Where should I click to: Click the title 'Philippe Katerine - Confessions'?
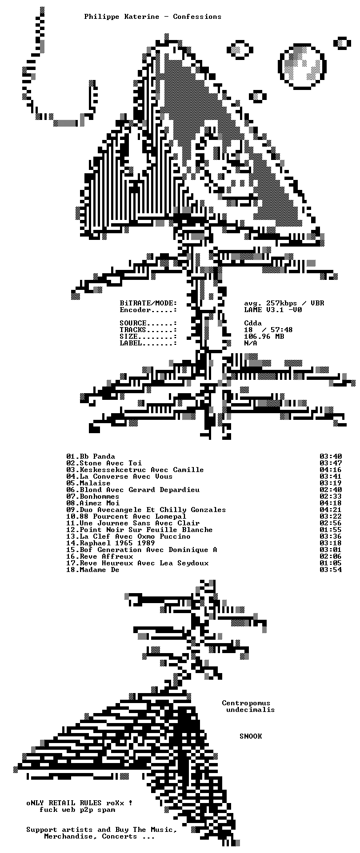(x=152, y=17)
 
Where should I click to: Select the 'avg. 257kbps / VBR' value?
(x=284, y=303)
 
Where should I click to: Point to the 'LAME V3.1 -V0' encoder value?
(x=273, y=309)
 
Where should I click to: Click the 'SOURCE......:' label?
(x=148, y=323)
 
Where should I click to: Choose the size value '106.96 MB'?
(x=264, y=337)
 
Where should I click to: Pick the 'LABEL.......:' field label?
(x=148, y=343)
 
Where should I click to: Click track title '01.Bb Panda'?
(x=91, y=456)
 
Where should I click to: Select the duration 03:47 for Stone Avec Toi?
(x=331, y=463)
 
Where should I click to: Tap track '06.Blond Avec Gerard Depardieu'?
(x=133, y=490)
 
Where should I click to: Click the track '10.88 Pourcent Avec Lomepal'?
(x=126, y=516)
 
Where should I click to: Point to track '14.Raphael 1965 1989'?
(x=111, y=543)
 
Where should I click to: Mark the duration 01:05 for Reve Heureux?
(x=331, y=563)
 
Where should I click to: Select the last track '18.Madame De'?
(x=93, y=570)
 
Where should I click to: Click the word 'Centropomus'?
(x=246, y=703)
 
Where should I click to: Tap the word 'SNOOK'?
(x=251, y=736)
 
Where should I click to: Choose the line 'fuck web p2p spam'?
(x=77, y=810)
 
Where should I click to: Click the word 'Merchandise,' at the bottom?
(x=71, y=836)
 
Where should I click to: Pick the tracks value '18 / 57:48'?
(x=268, y=330)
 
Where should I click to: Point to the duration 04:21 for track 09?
(x=331, y=509)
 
